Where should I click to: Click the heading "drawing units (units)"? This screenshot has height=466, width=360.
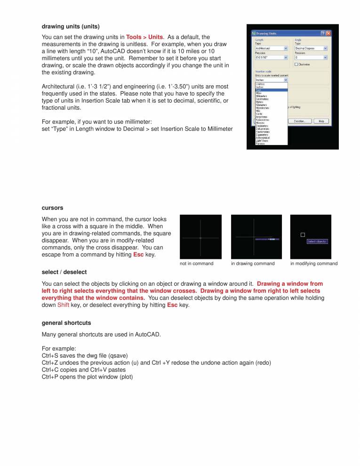tap(71, 26)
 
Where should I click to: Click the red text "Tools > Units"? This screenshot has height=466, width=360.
tap(144, 37)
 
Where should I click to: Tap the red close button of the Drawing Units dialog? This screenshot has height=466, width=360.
tap(328, 33)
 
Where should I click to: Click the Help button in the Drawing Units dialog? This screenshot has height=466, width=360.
tap(321, 121)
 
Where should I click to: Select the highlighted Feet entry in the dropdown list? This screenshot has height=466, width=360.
tap(259, 90)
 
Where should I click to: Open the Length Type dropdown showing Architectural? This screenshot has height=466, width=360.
tap(271, 48)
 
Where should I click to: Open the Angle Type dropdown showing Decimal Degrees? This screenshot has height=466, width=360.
tap(311, 48)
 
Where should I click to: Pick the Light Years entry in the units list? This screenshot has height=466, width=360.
tap(262, 140)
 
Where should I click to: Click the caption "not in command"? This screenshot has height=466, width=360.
tap(197, 264)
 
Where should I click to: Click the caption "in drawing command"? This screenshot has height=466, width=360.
tap(253, 264)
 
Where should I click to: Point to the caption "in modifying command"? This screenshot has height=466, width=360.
tap(314, 264)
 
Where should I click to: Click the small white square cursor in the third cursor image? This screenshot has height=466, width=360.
tap(303, 234)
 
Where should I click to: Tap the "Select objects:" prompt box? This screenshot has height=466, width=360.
tap(317, 241)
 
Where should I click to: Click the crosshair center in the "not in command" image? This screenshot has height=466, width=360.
tap(200, 238)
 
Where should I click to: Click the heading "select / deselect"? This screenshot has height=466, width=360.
tap(64, 272)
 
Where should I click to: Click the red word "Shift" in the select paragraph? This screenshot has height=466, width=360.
tap(64, 305)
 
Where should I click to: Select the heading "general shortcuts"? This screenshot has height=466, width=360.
tap(66, 323)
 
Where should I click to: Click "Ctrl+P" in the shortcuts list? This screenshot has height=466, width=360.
tap(50, 377)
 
